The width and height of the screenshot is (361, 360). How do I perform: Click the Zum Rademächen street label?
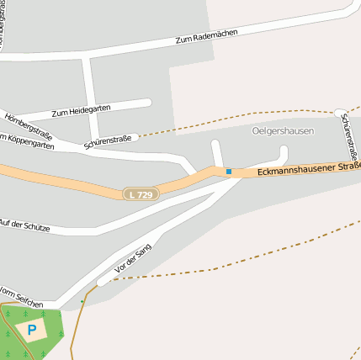click(x=206, y=35)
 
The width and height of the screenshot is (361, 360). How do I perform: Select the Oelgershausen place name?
click(x=283, y=131)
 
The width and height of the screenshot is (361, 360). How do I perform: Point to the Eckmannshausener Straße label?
click(x=308, y=169)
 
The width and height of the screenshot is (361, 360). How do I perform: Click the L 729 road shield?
click(x=141, y=194)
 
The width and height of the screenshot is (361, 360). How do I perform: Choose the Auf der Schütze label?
click(x=25, y=226)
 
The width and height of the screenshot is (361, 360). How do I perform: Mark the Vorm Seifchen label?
click(x=22, y=294)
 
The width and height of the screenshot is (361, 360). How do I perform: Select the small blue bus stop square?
click(x=228, y=172)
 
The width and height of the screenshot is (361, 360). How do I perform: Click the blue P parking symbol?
click(x=32, y=331)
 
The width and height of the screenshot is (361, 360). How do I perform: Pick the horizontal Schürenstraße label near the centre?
click(x=108, y=142)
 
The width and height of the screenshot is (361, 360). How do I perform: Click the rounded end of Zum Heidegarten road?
click(x=147, y=103)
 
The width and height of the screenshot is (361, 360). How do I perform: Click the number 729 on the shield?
click(x=145, y=194)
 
